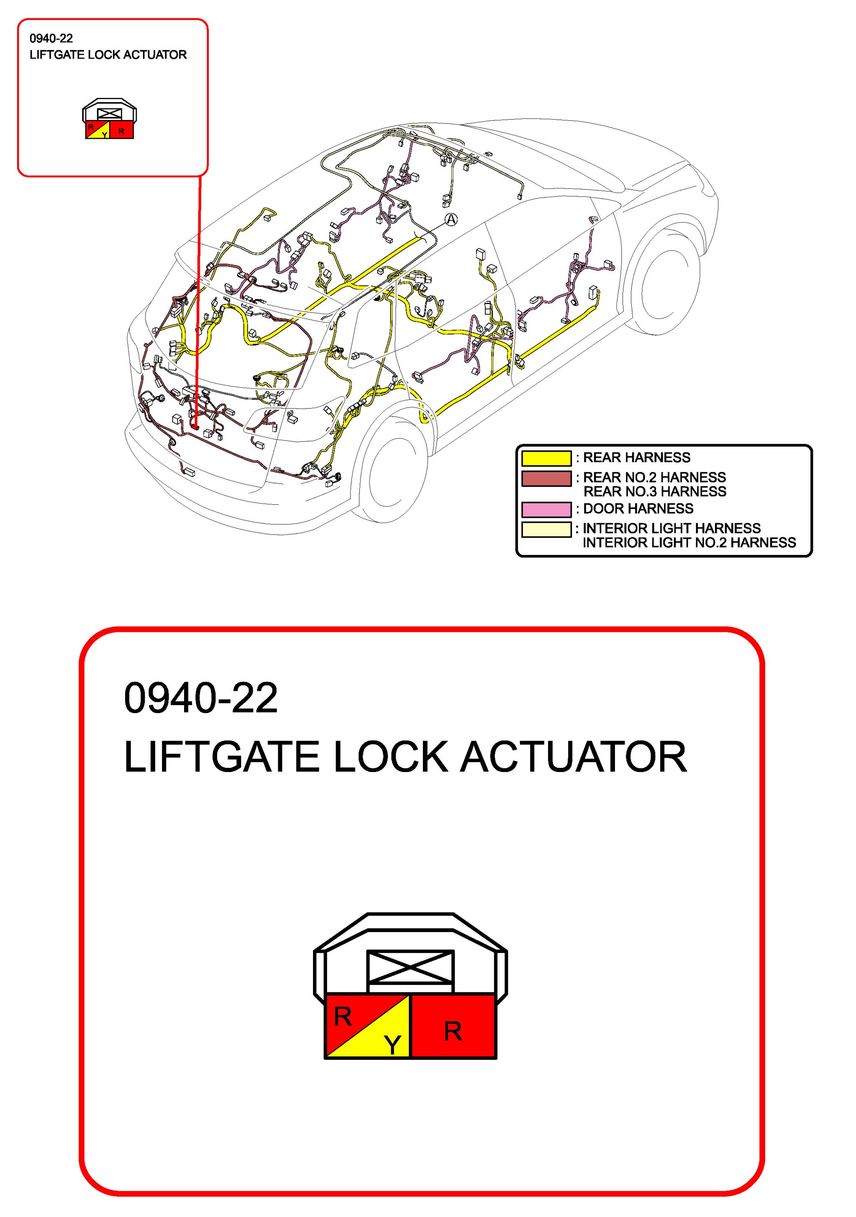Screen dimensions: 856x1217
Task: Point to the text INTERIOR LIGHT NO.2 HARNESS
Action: (x=689, y=543)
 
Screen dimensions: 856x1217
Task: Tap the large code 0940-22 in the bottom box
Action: (x=200, y=698)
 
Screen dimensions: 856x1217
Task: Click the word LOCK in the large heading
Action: (x=391, y=757)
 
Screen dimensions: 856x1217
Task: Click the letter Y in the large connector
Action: (x=392, y=1045)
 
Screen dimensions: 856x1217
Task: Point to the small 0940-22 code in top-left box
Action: (x=51, y=38)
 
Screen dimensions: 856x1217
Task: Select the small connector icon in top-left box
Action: (x=109, y=119)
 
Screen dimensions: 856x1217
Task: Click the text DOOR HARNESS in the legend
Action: (x=638, y=509)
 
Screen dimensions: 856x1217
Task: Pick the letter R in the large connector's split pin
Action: (x=343, y=1017)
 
